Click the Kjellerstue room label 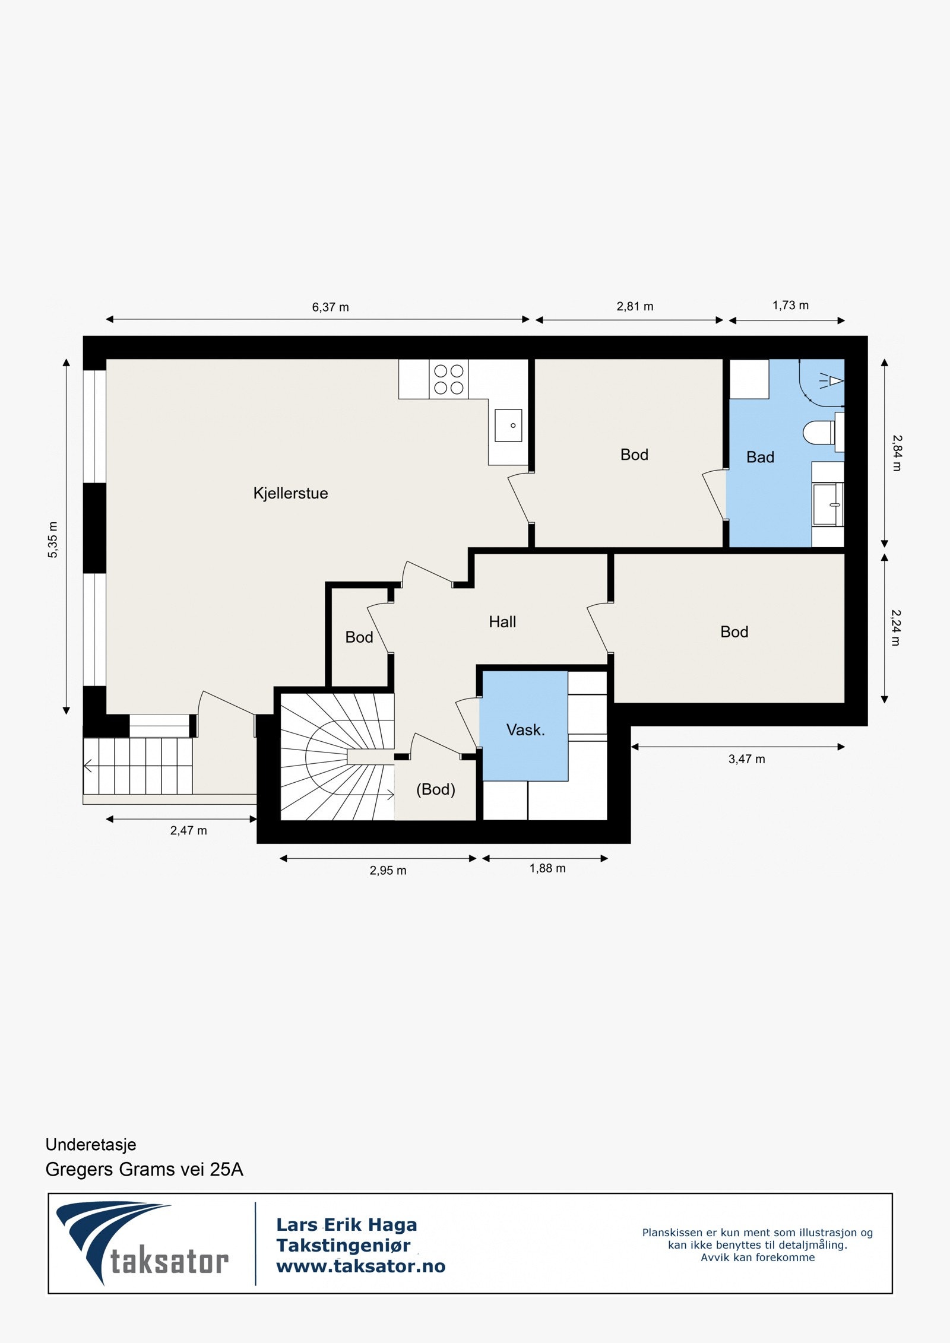[x=290, y=493]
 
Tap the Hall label [x=502, y=622]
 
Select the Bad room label [x=760, y=457]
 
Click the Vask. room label [x=525, y=730]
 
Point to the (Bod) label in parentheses [x=436, y=789]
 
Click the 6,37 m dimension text [x=331, y=307]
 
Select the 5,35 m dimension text [x=53, y=539]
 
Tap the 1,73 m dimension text [x=790, y=306]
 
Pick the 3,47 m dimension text [x=747, y=759]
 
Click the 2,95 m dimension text [x=388, y=871]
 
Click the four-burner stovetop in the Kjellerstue [x=449, y=379]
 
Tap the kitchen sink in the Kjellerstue [x=509, y=426]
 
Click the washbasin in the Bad [x=828, y=504]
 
